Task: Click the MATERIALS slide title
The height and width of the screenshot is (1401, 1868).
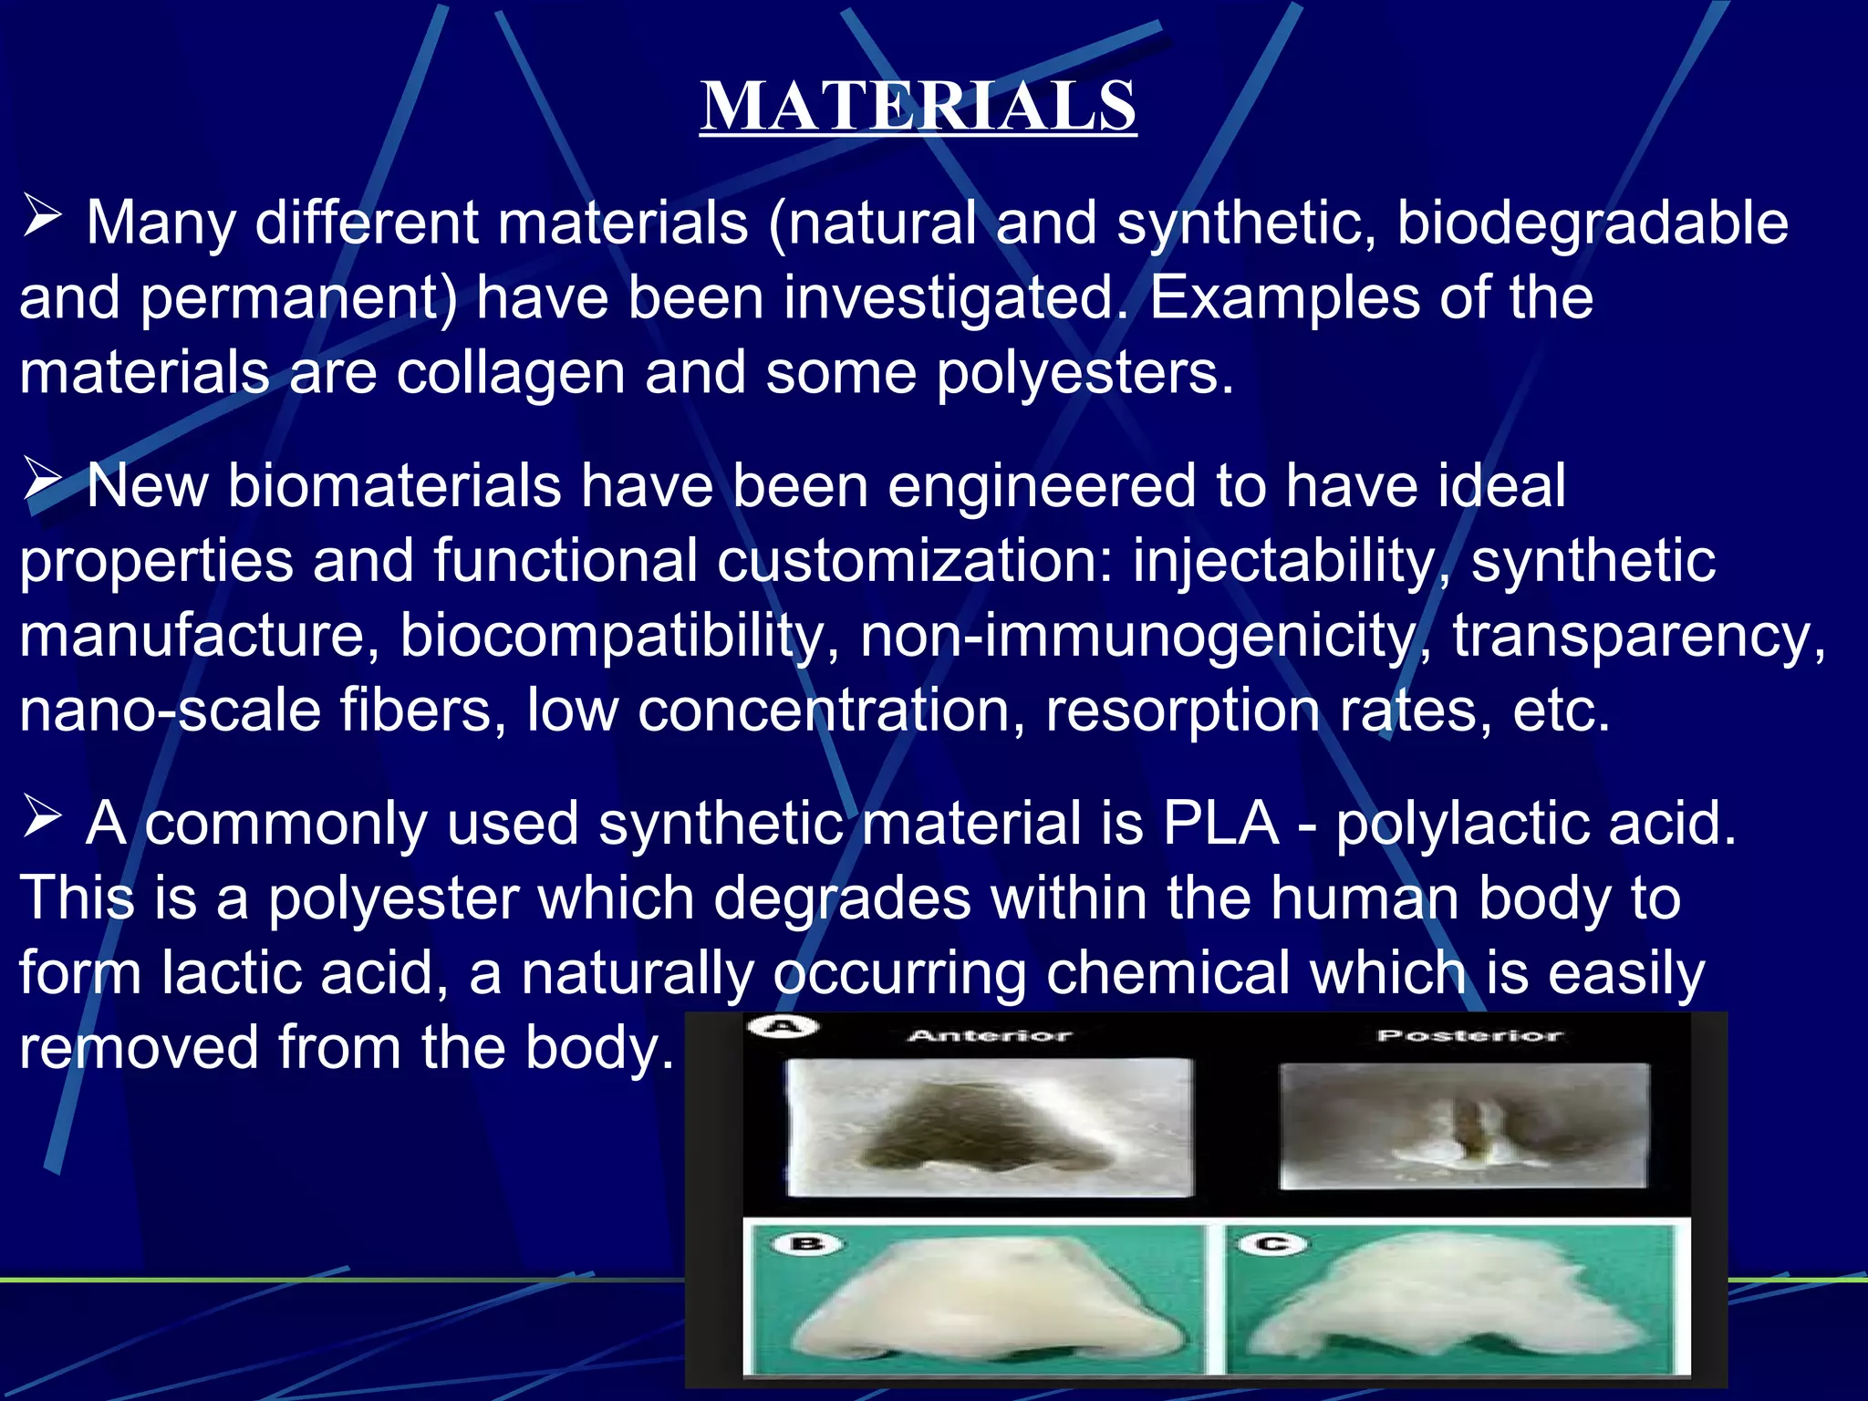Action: click(918, 106)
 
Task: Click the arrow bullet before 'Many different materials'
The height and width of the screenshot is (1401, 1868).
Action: click(42, 218)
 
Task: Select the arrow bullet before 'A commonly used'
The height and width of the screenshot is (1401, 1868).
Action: click(42, 816)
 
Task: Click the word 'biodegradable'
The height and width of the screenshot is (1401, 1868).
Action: click(1592, 223)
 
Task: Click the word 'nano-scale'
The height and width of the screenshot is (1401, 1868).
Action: click(170, 711)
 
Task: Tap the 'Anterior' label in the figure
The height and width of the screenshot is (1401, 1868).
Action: click(990, 1035)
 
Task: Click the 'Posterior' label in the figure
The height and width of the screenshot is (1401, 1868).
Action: click(1469, 1035)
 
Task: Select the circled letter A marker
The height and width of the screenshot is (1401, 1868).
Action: click(783, 1027)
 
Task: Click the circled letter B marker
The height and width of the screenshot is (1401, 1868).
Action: click(808, 1244)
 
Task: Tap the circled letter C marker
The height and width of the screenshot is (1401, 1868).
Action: click(1272, 1243)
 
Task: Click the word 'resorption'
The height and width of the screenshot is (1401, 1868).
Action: click(1182, 711)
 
